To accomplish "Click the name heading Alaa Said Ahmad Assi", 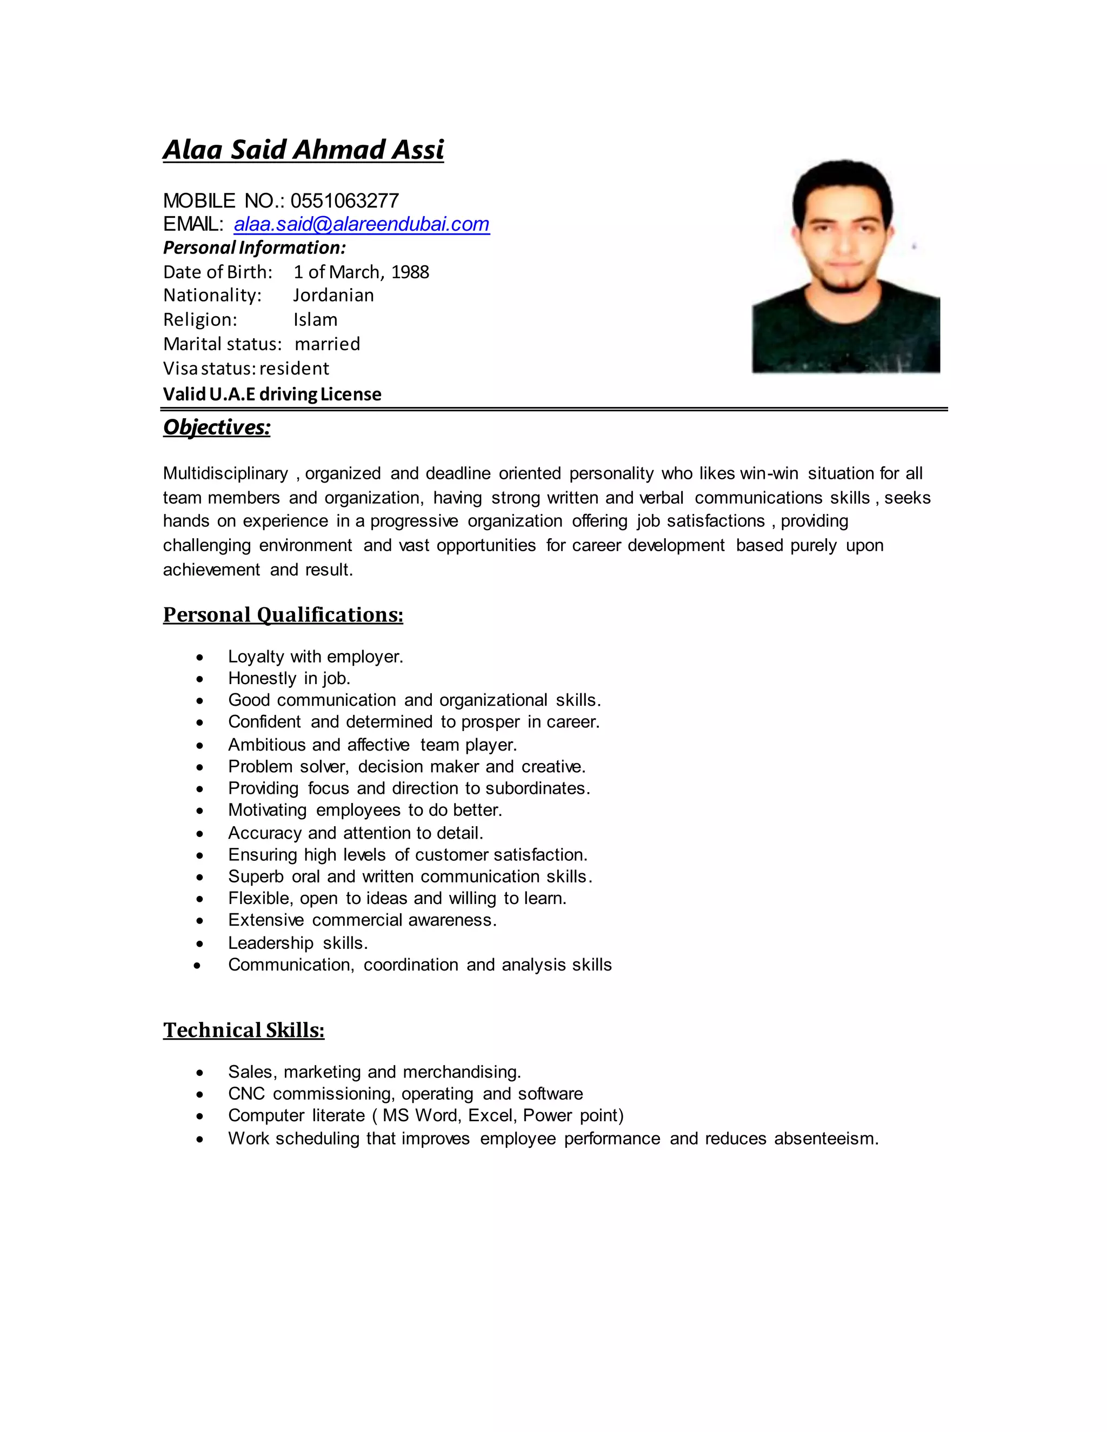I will (x=303, y=150).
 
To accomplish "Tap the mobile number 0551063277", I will (x=344, y=200).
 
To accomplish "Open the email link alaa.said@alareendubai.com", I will (x=362, y=224).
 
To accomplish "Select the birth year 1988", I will (x=410, y=272).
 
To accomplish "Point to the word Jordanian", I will (x=333, y=296).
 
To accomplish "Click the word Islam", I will (x=316, y=320).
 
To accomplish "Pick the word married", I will (x=327, y=344).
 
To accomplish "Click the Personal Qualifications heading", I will (x=283, y=615).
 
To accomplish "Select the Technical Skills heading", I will (x=243, y=1030).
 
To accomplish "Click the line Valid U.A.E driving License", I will (x=272, y=394).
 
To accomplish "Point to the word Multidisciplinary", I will (x=225, y=473).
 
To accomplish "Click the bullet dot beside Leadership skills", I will (x=199, y=944).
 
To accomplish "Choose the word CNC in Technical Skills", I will (x=246, y=1094).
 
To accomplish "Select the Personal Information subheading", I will (x=255, y=248).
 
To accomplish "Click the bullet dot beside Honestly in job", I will (x=199, y=679).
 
